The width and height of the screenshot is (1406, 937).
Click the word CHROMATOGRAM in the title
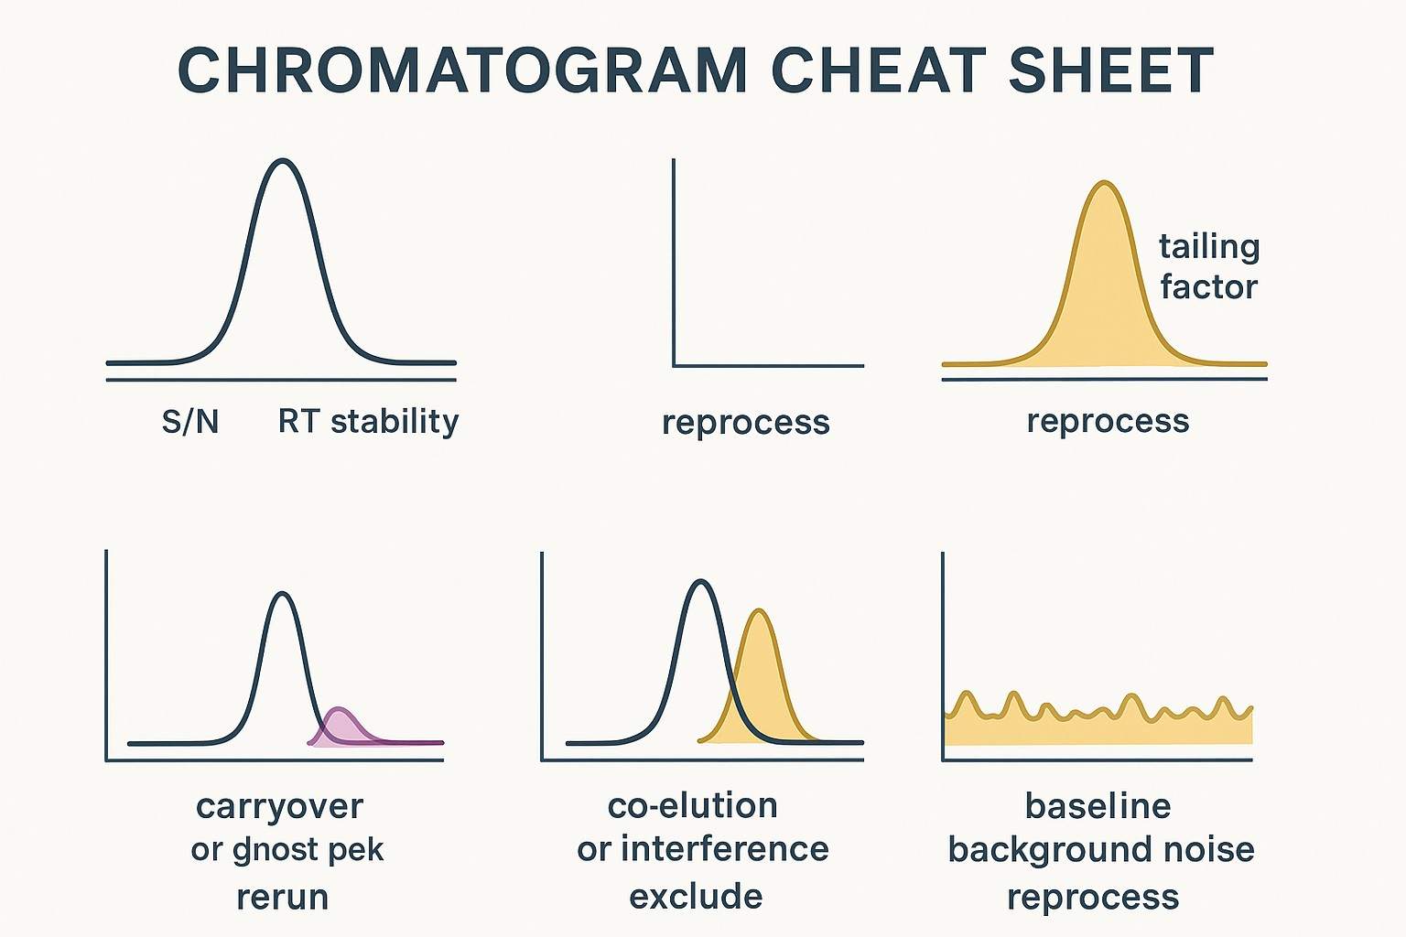click(x=462, y=70)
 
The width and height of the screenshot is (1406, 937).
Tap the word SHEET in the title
click(x=1110, y=70)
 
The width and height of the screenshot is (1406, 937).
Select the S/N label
click(x=190, y=422)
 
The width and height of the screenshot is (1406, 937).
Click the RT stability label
click(x=368, y=422)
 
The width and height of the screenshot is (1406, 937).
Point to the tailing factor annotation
click(x=1209, y=266)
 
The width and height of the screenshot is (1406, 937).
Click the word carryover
click(x=279, y=806)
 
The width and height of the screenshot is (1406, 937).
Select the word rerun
click(x=282, y=897)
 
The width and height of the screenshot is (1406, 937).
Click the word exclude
click(x=696, y=897)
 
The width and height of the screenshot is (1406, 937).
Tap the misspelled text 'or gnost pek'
click(x=287, y=850)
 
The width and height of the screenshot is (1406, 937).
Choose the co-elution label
click(x=692, y=805)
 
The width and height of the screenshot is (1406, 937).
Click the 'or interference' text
click(x=702, y=849)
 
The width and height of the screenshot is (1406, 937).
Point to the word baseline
click(x=1098, y=806)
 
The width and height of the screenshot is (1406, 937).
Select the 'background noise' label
click(x=1100, y=850)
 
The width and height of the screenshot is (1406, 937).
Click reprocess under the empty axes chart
click(x=745, y=423)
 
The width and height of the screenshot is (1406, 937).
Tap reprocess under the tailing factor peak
click(x=1108, y=421)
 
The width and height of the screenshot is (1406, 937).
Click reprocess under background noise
click(x=1093, y=897)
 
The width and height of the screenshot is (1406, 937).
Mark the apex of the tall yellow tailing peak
click(x=1105, y=184)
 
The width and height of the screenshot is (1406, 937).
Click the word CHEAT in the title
click(x=878, y=70)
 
